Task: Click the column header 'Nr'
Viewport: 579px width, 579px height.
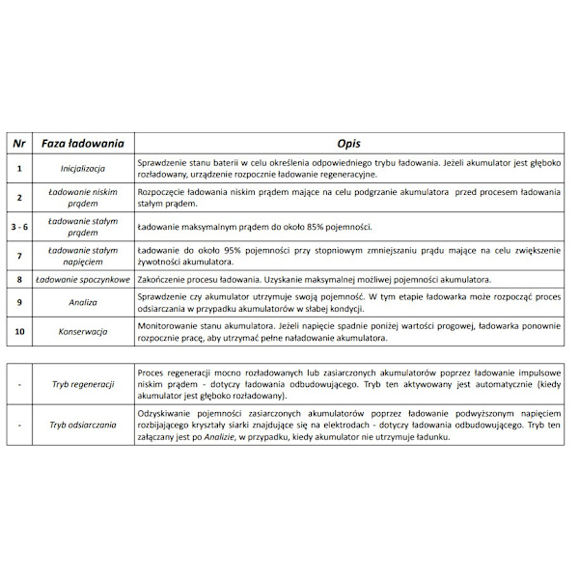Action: coord(19,144)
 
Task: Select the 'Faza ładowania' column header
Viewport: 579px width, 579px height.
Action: coord(82,144)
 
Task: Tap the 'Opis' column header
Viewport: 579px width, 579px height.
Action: coord(348,144)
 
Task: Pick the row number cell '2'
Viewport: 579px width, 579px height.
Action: coord(19,198)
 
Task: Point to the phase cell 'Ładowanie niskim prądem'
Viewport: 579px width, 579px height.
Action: coord(82,198)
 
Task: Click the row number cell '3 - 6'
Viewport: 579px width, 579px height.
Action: coord(19,227)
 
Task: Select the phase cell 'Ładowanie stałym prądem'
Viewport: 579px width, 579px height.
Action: coord(82,227)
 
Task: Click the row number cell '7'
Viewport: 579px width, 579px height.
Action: coord(19,256)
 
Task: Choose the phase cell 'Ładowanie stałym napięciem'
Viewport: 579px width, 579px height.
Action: coord(82,256)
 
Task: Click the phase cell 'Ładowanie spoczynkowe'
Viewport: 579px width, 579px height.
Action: coord(82,280)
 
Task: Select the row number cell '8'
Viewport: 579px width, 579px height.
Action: coord(19,280)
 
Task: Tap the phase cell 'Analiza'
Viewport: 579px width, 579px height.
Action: coord(82,302)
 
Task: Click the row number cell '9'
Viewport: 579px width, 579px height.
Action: coord(19,302)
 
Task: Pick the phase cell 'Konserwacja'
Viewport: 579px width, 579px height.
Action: coord(82,332)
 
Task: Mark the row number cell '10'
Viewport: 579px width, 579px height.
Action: coord(19,332)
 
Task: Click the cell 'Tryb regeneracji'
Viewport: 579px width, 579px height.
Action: coord(84,384)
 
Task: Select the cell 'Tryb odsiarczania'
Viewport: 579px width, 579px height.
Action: coord(84,425)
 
